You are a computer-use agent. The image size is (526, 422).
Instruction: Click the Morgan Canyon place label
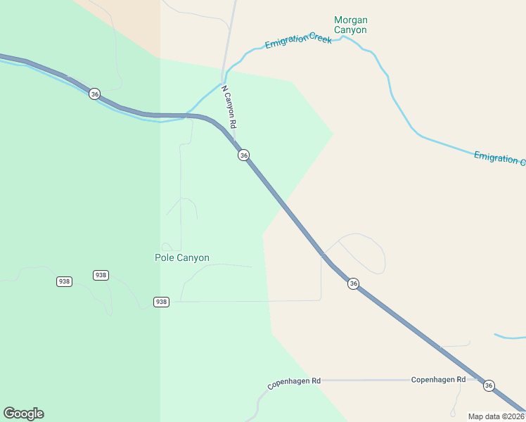350,25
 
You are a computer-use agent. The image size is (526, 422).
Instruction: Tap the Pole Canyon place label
181,258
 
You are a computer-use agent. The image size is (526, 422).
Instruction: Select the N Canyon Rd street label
229,107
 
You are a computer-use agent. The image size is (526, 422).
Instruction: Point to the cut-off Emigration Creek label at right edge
499,158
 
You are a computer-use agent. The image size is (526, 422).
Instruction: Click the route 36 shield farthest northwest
95,94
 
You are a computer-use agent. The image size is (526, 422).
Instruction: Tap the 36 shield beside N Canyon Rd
243,155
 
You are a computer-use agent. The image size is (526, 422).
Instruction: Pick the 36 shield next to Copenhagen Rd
489,385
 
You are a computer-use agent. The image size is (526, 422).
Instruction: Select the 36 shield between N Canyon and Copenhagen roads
353,283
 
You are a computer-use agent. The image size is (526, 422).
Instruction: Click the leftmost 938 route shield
64,281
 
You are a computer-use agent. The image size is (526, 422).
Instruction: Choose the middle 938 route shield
101,275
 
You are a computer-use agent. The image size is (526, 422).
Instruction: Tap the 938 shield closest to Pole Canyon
161,302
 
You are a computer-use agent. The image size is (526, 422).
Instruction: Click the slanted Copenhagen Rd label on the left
294,384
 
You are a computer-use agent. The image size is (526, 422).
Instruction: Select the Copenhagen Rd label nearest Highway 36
438,380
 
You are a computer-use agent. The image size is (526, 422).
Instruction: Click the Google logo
23,413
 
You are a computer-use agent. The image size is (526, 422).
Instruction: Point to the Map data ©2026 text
496,416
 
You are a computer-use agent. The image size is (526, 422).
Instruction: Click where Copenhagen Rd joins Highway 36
477,380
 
